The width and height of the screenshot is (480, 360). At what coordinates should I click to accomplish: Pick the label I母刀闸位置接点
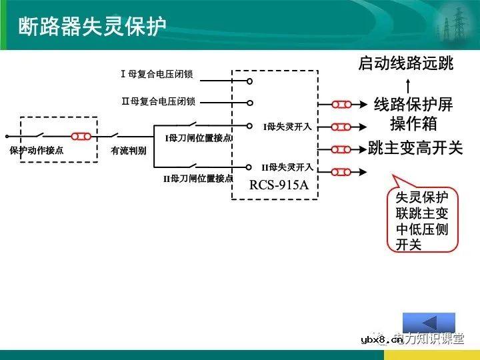[198, 138]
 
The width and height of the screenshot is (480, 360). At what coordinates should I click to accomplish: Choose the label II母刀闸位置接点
[198, 179]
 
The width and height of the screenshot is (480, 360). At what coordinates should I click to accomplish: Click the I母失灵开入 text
[287, 126]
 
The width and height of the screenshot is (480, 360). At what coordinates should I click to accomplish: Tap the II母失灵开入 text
[287, 167]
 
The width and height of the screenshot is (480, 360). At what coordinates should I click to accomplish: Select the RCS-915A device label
[279, 185]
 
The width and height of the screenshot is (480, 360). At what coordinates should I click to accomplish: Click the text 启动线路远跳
[405, 64]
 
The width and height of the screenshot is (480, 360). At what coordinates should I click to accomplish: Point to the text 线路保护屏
[413, 105]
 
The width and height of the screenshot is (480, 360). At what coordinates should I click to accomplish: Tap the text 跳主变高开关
[415, 148]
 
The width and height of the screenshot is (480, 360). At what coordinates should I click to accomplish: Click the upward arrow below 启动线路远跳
[407, 85]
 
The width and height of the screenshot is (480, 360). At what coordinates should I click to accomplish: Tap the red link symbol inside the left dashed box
[81, 137]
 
